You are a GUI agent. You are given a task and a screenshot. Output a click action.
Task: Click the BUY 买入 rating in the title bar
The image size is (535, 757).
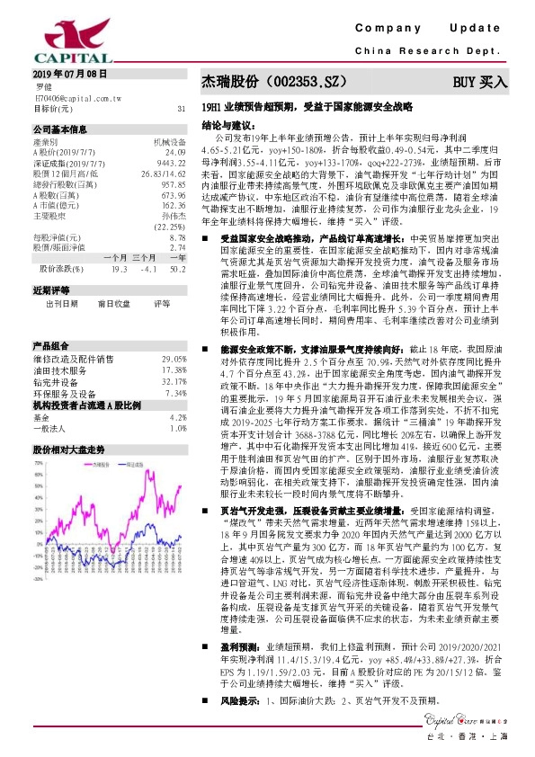pos(480,82)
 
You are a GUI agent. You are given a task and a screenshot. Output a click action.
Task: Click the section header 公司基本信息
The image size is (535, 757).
pos(59,129)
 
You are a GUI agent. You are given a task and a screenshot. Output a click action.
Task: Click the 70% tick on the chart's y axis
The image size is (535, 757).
pos(40,464)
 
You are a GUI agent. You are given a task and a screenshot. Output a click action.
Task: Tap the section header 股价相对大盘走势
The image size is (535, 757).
pos(68,447)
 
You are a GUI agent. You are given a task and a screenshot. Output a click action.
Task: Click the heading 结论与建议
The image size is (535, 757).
pos(225,125)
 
